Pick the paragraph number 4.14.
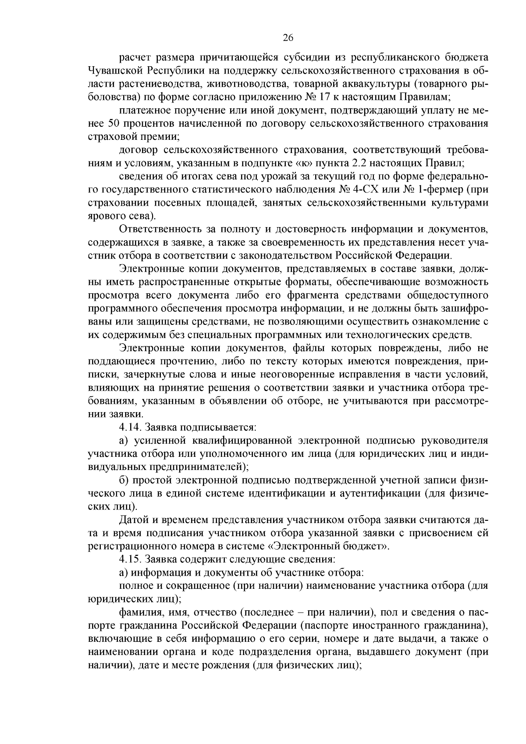(130, 426)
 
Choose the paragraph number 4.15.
(130, 559)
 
